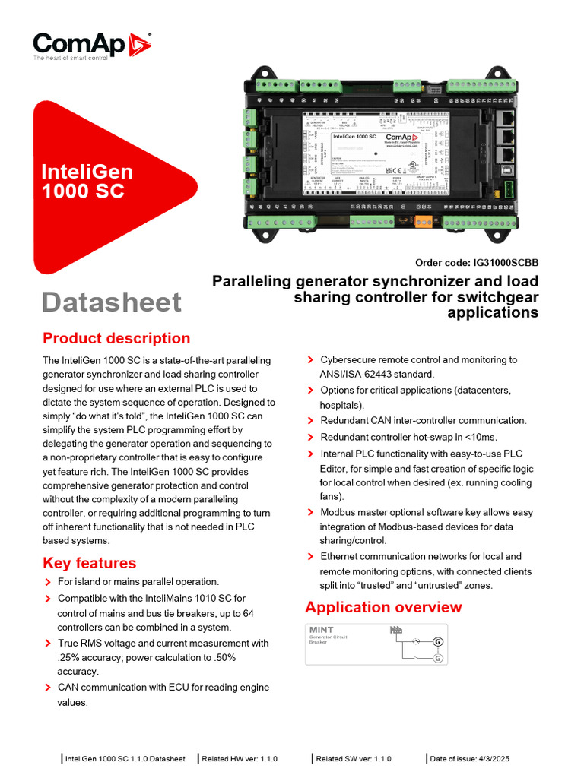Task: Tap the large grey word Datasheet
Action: pos(112,302)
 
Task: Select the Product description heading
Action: pos(116,338)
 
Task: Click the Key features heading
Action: pos(90,563)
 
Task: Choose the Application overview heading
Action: pos(383,607)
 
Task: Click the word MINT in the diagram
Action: pos(321,630)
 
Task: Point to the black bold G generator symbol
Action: pos(437,642)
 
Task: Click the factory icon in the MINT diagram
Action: pos(395,630)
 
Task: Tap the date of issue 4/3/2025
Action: pos(491,758)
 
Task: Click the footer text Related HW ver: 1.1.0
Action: pos(240,758)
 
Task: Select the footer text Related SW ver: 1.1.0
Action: pos(354,758)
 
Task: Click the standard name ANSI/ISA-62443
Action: pos(351,374)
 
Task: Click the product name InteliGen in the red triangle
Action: pos(87,172)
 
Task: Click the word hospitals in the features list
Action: pos(341,405)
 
